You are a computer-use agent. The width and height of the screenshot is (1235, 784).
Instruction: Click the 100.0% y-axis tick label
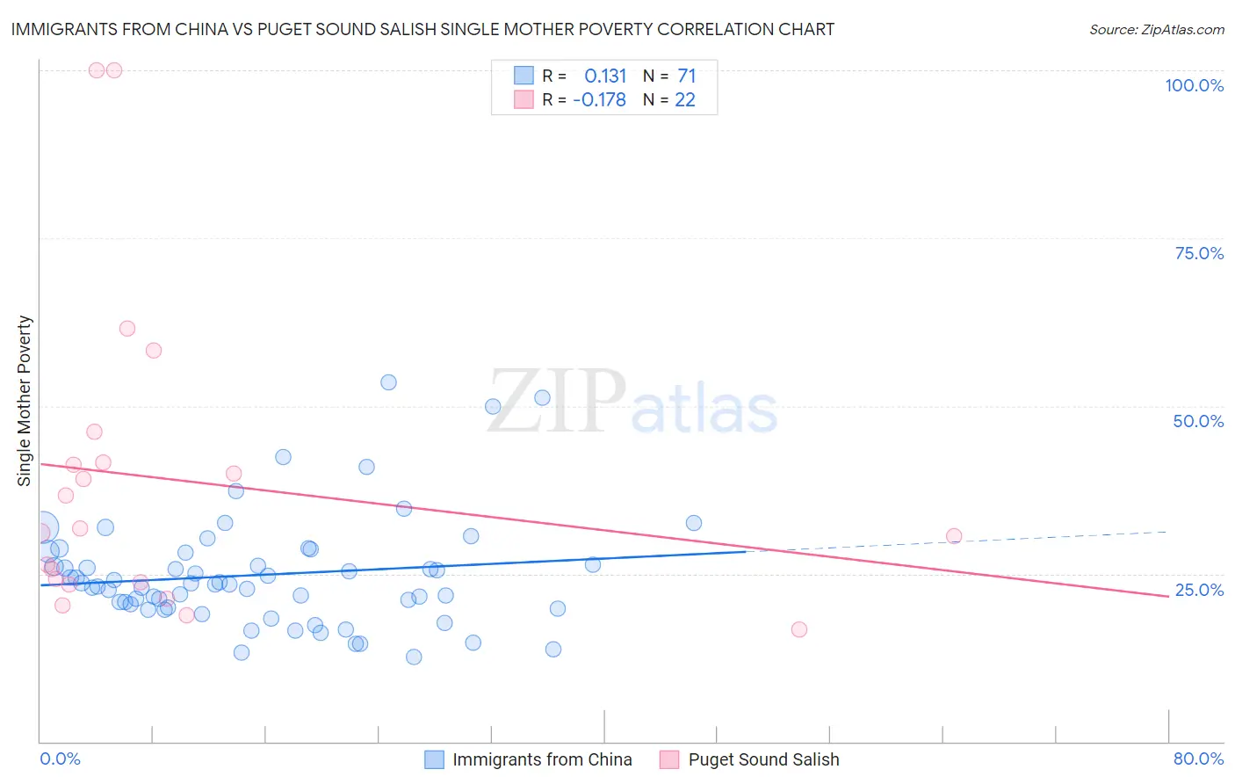coord(1194,85)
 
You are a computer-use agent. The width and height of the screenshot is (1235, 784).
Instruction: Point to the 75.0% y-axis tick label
coord(1199,253)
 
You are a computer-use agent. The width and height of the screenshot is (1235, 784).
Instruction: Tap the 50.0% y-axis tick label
coord(1198,421)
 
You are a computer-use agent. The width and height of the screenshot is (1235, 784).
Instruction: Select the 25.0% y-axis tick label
coord(1199,590)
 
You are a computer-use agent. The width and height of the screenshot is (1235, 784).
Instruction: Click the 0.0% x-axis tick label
coord(60,759)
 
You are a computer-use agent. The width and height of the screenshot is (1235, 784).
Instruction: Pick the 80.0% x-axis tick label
coord(1198,759)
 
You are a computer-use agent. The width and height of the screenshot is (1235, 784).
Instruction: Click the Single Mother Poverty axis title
coord(25,401)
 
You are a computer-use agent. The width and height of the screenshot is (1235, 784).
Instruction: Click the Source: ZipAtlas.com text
coord(1156,29)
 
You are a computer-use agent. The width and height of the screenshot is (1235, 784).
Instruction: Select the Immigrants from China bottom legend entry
coord(542,759)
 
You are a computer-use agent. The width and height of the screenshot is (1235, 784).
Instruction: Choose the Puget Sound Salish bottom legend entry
coord(763,759)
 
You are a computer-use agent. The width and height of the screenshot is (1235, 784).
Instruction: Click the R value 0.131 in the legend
coord(605,76)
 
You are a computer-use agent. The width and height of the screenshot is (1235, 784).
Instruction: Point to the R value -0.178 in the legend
coord(599,99)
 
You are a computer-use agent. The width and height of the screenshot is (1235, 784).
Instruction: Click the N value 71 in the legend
coord(686,76)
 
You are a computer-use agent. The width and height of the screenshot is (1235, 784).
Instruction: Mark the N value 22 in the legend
coord(684,99)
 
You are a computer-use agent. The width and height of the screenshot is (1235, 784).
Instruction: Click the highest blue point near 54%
coord(388,382)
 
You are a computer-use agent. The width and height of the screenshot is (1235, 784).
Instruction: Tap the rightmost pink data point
coord(954,536)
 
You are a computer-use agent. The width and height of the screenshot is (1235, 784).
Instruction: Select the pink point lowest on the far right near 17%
coord(798,629)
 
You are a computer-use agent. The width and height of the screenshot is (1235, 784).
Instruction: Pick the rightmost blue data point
coord(694,523)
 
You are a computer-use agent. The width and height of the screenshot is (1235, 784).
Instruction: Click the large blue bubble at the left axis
coord(42,527)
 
